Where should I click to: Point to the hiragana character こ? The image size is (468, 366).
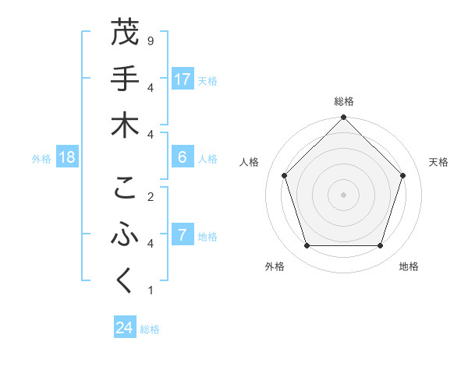(x=125, y=188)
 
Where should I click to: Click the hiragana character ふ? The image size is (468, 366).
(x=125, y=235)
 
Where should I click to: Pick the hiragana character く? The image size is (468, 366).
(x=125, y=282)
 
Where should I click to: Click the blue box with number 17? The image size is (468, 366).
(x=183, y=79)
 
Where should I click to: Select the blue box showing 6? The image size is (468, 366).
(x=183, y=157)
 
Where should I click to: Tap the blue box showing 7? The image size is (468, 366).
(x=183, y=235)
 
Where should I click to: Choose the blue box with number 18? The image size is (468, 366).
(x=67, y=157)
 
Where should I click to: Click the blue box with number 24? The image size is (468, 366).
(x=125, y=328)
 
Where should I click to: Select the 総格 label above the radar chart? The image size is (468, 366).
(x=343, y=102)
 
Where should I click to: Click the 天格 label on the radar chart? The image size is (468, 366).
(x=438, y=162)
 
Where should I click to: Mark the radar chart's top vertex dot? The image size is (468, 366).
(x=343, y=118)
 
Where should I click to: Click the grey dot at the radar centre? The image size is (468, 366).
(x=343, y=194)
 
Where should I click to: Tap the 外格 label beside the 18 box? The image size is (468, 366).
(x=41, y=159)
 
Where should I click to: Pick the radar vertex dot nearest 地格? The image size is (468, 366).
(x=380, y=245)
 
